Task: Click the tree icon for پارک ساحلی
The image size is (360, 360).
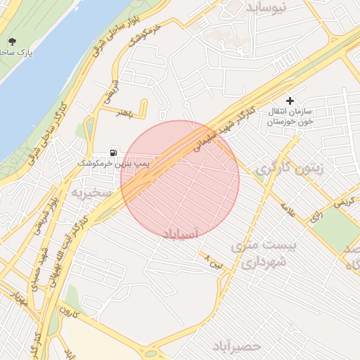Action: pos(11,41)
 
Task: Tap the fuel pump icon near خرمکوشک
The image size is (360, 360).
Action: pos(114,151)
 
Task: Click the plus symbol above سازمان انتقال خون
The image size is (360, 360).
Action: pos(290,101)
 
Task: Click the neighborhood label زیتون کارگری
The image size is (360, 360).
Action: pos(285,169)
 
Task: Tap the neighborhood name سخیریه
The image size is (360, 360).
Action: pos(89,191)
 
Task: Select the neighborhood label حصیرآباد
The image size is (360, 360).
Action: pos(238,347)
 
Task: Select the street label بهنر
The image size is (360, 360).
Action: pos(124,112)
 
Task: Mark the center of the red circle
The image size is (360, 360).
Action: pos(180,179)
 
